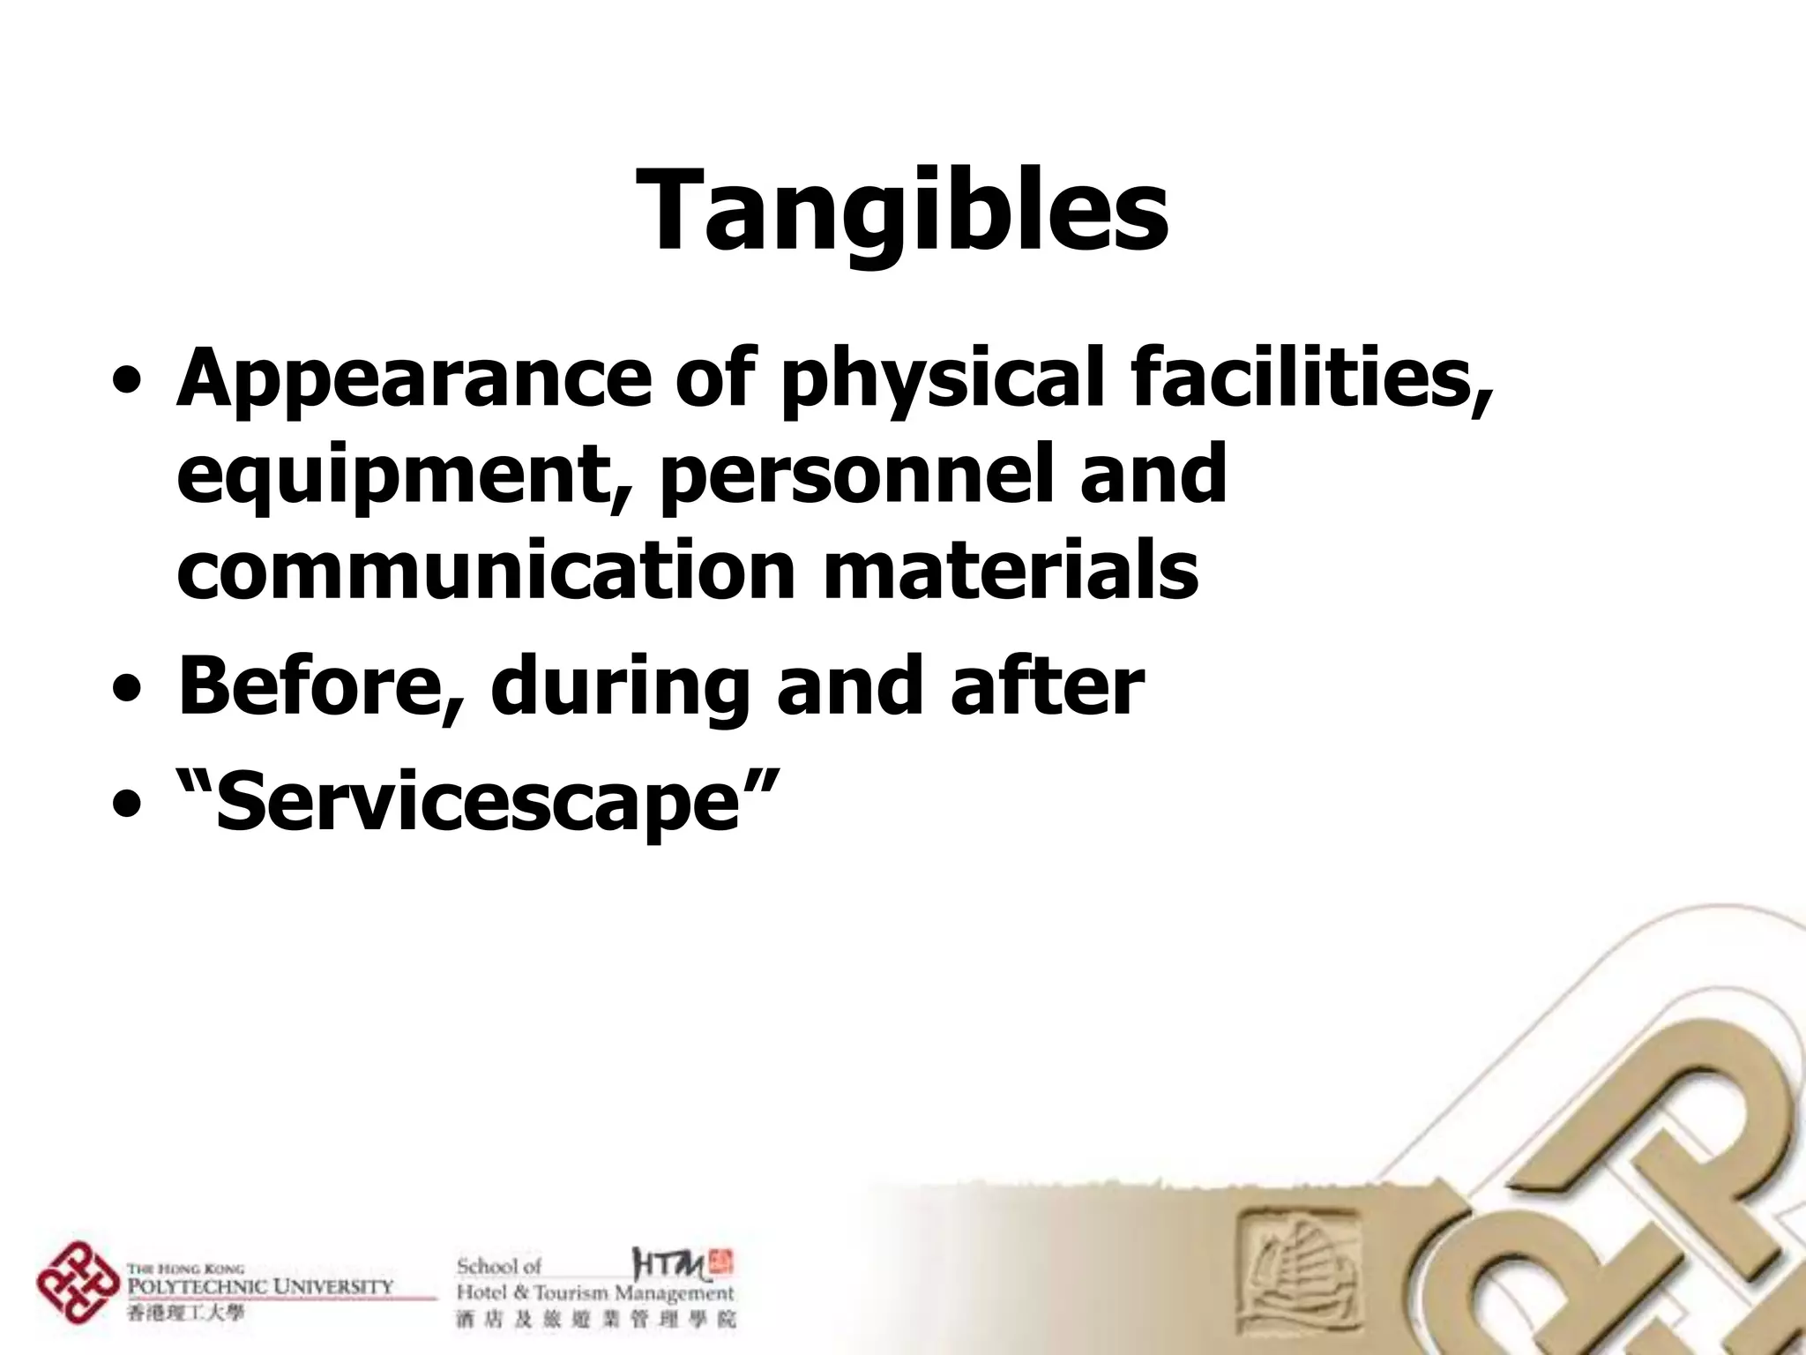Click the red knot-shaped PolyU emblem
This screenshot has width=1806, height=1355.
[78, 1283]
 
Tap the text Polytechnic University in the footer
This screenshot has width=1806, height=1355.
[261, 1286]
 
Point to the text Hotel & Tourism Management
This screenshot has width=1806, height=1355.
[594, 1294]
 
